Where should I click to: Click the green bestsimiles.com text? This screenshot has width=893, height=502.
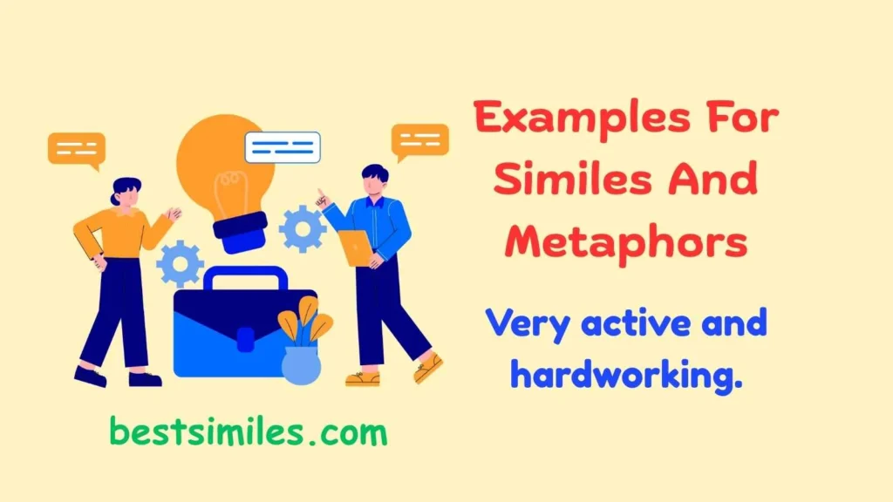click(x=248, y=431)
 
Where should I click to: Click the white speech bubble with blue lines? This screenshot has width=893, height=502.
click(x=283, y=147)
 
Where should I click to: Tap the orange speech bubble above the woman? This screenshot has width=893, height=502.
click(x=77, y=148)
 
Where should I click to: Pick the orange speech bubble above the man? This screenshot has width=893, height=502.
click(x=419, y=140)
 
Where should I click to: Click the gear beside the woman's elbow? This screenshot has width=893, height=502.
click(x=181, y=263)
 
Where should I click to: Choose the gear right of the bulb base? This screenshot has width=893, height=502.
click(x=302, y=228)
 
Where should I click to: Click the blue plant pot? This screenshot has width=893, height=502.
click(x=301, y=363)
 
